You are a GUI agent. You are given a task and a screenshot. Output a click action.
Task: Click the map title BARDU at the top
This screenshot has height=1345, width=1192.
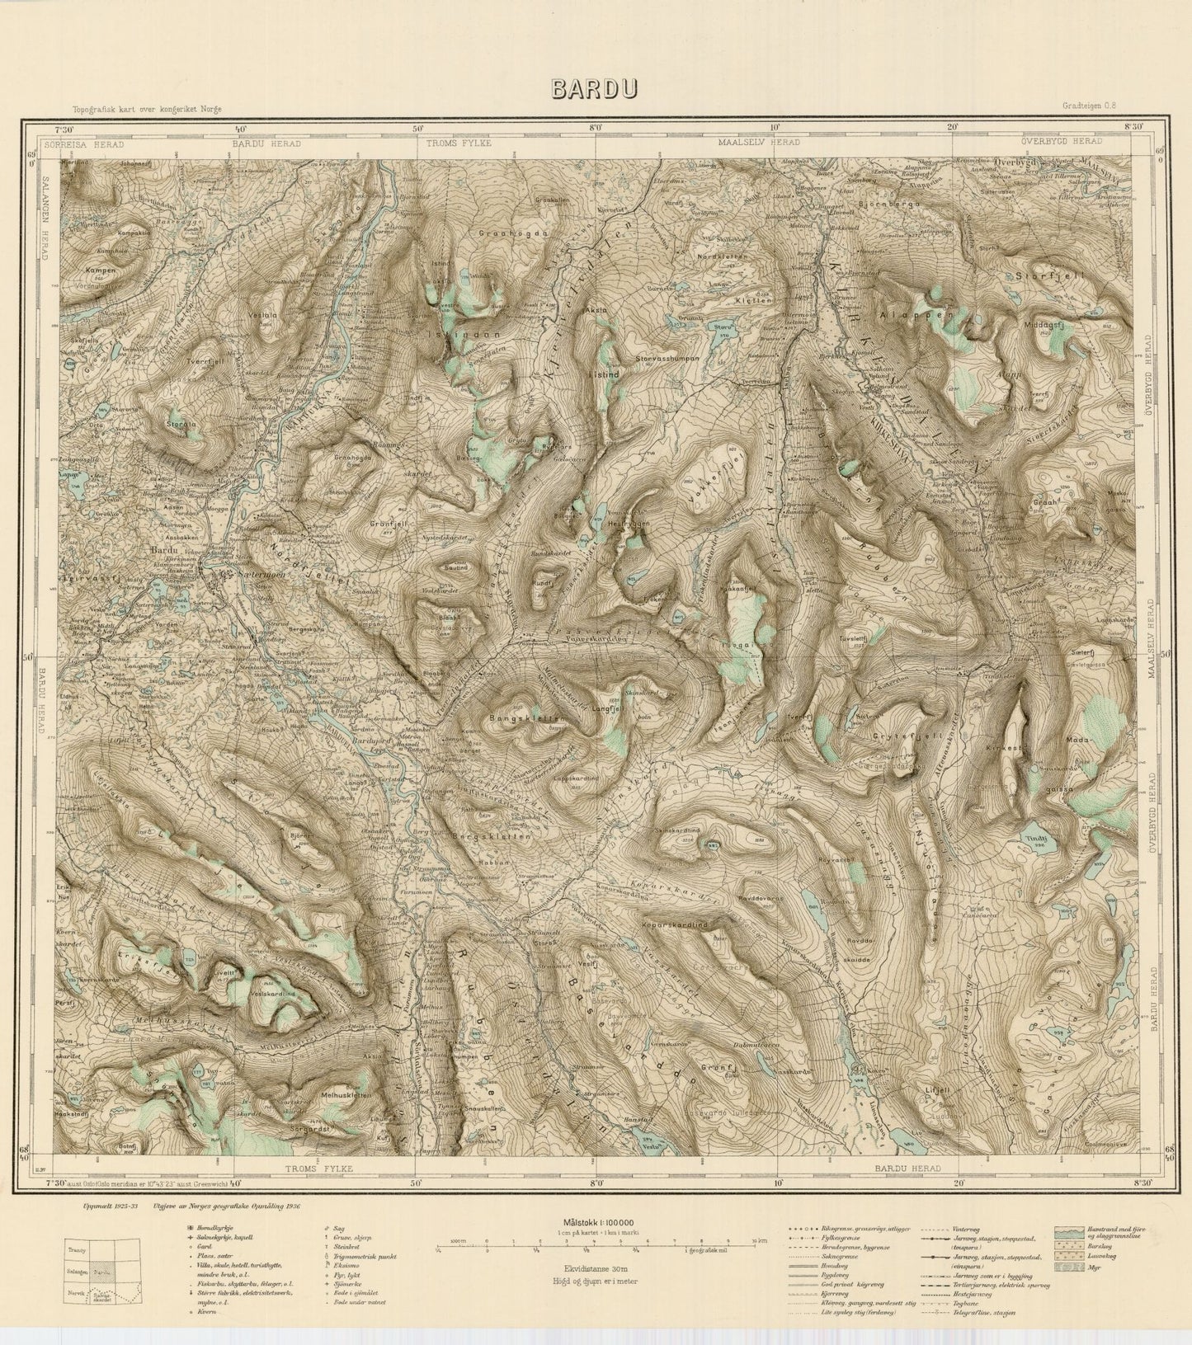tap(595, 89)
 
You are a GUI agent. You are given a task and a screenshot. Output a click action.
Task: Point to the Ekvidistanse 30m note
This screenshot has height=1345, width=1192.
tap(596, 1271)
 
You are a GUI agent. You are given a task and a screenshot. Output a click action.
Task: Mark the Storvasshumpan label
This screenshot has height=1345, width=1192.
tap(667, 359)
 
